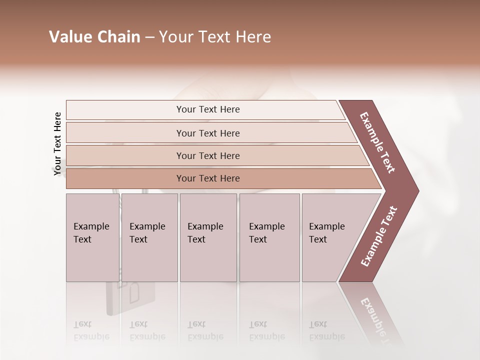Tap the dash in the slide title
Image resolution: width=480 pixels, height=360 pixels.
(x=149, y=37)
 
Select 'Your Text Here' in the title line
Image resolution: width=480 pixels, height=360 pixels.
(x=215, y=37)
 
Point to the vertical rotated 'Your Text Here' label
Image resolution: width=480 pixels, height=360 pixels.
(x=57, y=143)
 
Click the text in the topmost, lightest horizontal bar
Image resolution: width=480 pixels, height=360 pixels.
(x=208, y=109)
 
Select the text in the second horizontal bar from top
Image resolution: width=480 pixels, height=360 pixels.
(x=208, y=133)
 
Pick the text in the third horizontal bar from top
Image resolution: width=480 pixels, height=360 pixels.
(x=208, y=155)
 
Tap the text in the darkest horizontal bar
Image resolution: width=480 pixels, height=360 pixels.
(x=208, y=178)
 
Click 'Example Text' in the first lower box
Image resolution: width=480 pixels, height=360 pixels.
(x=91, y=233)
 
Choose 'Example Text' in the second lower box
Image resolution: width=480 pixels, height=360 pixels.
(x=147, y=233)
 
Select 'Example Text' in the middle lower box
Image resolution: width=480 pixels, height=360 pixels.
(x=205, y=233)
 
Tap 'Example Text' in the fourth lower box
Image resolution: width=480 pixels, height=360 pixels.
(x=266, y=233)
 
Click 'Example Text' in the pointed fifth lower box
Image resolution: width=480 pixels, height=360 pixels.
(x=326, y=233)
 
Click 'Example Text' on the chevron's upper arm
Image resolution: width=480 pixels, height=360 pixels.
(x=377, y=142)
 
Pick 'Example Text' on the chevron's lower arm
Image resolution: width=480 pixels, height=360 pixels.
(x=379, y=236)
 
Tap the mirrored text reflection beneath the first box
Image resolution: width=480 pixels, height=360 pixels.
(x=91, y=330)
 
